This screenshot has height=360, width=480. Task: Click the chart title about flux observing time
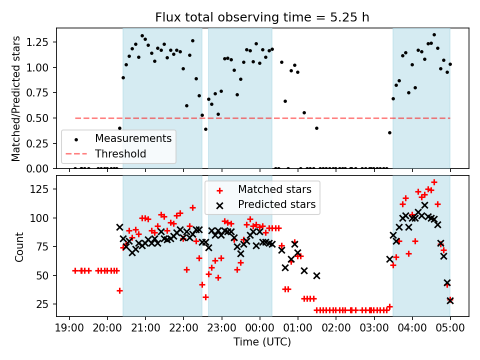coord(262,17)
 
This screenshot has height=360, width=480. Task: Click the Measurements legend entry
coord(133,138)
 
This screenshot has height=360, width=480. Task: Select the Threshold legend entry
coord(120,154)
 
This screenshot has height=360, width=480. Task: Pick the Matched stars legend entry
coord(274,189)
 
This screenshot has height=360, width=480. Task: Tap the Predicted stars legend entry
coord(276,204)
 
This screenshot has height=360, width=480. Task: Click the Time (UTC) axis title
coord(262,342)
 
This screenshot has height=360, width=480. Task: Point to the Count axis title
coord(19,246)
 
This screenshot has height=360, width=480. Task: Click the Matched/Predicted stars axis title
coord(16,98)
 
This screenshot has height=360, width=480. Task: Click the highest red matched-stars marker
coord(434,182)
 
